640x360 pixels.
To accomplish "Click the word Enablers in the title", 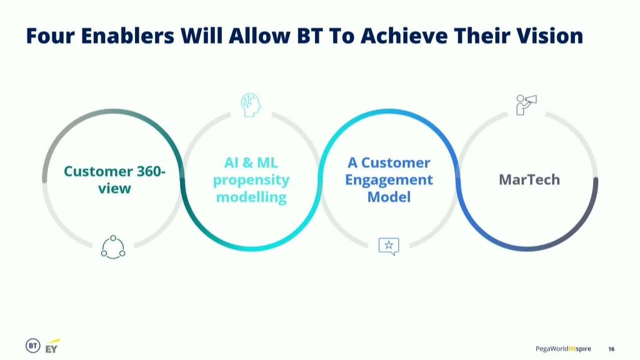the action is (127, 36).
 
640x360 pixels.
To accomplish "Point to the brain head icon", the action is (251, 105).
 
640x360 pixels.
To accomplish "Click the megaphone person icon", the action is (526, 105).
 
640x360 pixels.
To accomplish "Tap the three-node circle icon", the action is (113, 247).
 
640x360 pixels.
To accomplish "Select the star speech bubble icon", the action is (389, 246).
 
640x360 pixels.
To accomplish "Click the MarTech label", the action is (529, 179).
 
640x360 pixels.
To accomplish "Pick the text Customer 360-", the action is (115, 171).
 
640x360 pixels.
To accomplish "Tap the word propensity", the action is (251, 180).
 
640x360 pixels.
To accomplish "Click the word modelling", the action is (251, 197).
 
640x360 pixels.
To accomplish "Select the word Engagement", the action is (389, 180).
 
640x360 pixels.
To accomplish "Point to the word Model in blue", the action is (389, 197).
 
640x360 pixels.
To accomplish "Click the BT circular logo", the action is (33, 346).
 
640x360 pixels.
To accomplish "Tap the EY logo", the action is (52, 346).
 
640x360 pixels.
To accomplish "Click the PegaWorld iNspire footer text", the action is (563, 349).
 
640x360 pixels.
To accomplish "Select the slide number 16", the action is (611, 349).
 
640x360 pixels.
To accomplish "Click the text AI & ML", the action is (251, 163).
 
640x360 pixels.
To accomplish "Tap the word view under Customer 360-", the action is (115, 189).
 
